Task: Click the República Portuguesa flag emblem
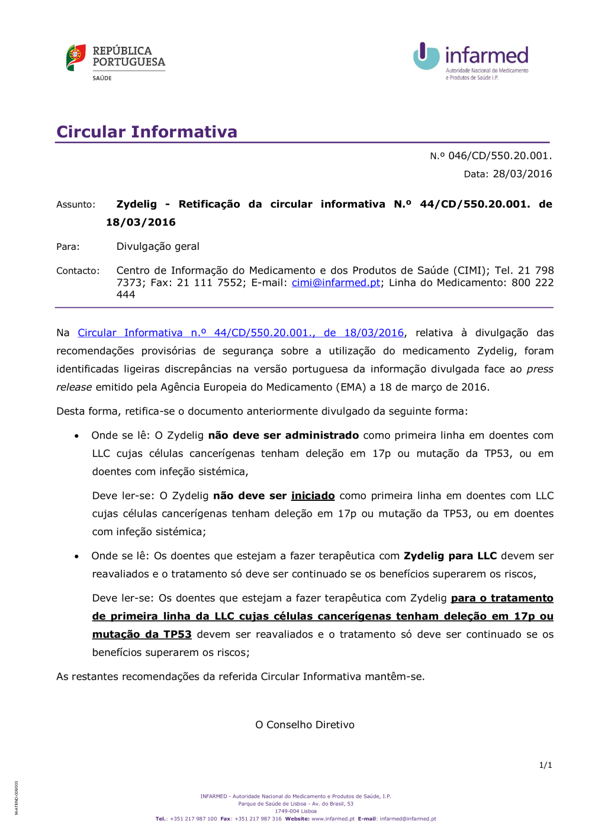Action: click(x=76, y=58)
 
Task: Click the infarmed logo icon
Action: click(x=426, y=56)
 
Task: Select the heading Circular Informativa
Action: click(x=147, y=131)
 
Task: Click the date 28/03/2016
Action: click(x=522, y=174)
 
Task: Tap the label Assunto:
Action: click(x=76, y=205)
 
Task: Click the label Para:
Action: click(x=68, y=247)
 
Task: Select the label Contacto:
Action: click(x=78, y=271)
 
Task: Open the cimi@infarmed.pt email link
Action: click(x=336, y=283)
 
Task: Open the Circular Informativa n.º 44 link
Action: click(x=240, y=333)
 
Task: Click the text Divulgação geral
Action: click(x=157, y=247)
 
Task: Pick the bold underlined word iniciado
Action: click(x=313, y=496)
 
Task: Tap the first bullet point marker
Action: click(x=77, y=436)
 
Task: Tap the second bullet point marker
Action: click(x=77, y=557)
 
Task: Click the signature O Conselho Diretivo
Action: click(x=305, y=725)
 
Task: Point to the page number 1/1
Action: click(x=545, y=765)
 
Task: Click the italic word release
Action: click(x=74, y=388)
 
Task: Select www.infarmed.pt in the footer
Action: click(x=333, y=819)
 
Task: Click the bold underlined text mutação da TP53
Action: click(x=142, y=635)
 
